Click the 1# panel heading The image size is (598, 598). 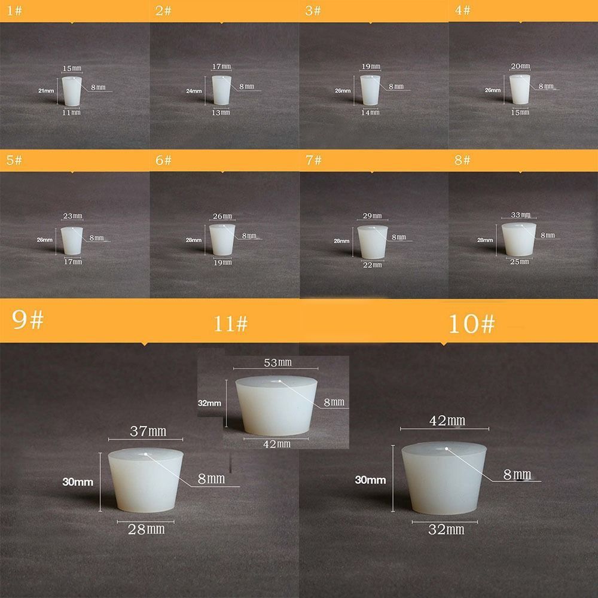[10, 11]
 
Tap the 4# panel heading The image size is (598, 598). [462, 11]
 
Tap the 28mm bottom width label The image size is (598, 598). [147, 529]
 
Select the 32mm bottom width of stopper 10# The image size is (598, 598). [446, 529]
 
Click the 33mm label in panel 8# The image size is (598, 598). [521, 215]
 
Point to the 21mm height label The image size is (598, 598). [46, 91]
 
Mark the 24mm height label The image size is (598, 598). [194, 91]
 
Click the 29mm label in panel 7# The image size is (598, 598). [371, 215]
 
